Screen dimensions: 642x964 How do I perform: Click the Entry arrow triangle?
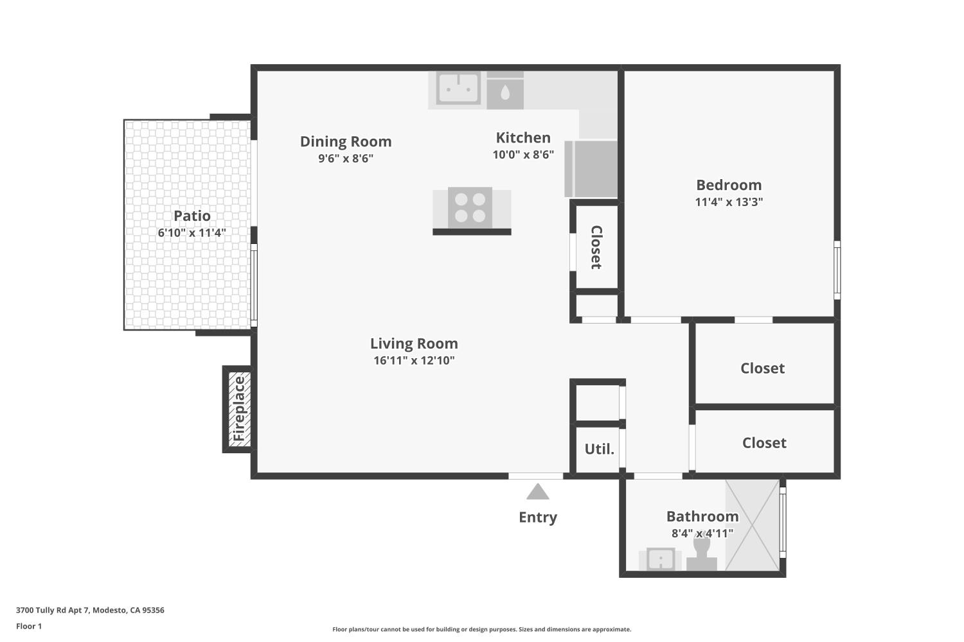[538, 492]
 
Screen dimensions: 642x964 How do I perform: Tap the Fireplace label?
[239, 408]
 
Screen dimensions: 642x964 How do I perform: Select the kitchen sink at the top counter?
[458, 89]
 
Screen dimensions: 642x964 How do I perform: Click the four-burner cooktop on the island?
[470, 207]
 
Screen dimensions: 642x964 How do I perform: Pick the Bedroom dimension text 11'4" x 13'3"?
[729, 202]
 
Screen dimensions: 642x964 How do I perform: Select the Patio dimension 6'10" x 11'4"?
[192, 232]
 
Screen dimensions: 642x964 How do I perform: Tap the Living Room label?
[414, 343]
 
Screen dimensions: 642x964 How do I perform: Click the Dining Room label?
[346, 142]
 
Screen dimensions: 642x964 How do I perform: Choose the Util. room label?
[599, 449]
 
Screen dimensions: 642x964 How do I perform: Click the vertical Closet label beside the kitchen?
[596, 247]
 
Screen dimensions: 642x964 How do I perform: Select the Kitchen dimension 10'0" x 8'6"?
[523, 155]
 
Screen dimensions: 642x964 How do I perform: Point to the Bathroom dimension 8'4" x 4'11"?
[702, 534]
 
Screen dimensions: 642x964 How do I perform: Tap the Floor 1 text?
[29, 626]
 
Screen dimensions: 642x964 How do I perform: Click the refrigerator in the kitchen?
[591, 169]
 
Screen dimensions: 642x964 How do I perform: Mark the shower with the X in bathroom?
[752, 525]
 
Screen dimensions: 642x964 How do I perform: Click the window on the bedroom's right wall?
[837, 270]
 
